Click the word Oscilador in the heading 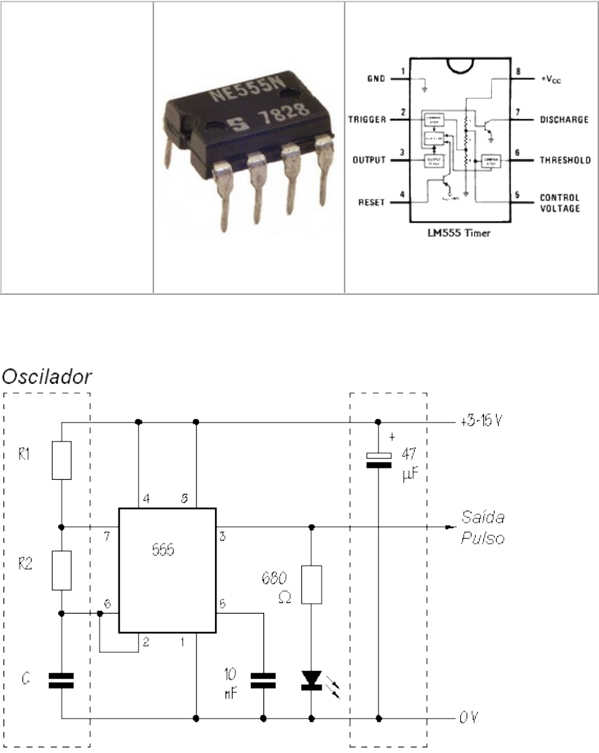(48, 377)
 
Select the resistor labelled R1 (62, 460)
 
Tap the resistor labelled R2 (62, 569)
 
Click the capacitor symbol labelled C (62, 679)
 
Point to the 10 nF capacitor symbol (263, 679)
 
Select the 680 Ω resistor (312, 584)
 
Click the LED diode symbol (312, 679)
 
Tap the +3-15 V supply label (485, 423)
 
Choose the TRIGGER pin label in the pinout (368, 120)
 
